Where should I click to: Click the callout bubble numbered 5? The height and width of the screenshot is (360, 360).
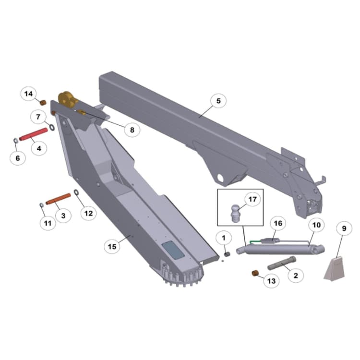(218, 101)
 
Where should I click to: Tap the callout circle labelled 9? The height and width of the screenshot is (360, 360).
(344, 229)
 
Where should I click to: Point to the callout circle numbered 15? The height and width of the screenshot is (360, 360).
(112, 246)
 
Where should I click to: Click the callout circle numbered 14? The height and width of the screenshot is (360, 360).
(29, 94)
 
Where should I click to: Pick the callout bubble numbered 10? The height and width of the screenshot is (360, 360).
(316, 225)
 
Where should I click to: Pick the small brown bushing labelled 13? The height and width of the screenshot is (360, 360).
(256, 274)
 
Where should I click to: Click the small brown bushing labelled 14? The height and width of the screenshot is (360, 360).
(42, 103)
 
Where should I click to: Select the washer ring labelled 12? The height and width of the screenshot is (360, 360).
(76, 193)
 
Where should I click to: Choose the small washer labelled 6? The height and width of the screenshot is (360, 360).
(15, 140)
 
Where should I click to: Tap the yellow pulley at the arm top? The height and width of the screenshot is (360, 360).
(68, 100)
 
